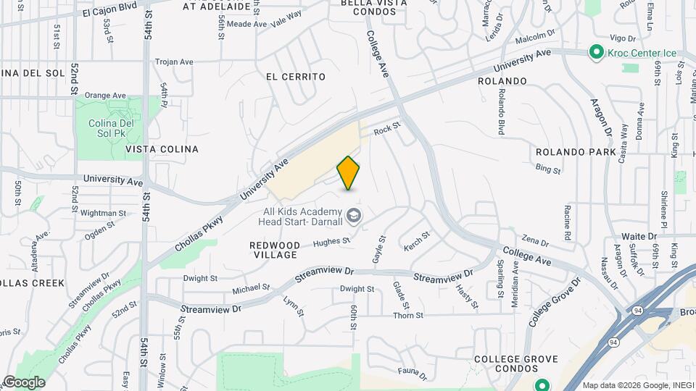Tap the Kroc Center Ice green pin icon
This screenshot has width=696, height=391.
(596, 52)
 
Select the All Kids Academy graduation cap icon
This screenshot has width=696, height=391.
(354, 215)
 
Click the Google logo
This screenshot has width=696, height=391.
(24, 382)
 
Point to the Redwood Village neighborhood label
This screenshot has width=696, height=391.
(274, 251)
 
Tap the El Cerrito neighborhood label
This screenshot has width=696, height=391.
(295, 77)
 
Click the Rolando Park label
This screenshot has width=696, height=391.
(576, 152)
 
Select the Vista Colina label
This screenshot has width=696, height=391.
(162, 149)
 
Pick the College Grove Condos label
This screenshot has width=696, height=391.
(516, 365)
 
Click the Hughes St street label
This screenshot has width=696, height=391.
(331, 242)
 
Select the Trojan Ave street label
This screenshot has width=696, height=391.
(174, 62)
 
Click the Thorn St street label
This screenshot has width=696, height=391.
(407, 315)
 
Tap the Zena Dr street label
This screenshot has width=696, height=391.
(535, 240)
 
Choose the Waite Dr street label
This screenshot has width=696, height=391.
(639, 236)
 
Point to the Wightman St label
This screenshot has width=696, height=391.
(104, 213)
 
